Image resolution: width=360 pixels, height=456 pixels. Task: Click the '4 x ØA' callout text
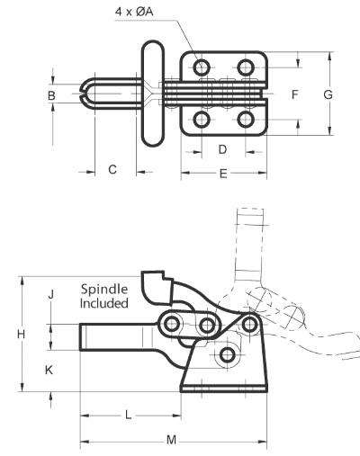point(134,12)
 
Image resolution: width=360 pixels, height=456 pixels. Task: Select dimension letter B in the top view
point(51,95)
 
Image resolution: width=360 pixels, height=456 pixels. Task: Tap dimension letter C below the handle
point(112,170)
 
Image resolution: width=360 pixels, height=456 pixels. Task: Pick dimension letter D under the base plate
point(222,149)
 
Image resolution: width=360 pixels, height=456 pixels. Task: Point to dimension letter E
point(223,174)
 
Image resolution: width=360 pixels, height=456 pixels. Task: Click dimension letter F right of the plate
point(295,94)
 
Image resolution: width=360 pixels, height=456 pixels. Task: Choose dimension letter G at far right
point(328,94)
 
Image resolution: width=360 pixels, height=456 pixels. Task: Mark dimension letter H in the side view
point(21,334)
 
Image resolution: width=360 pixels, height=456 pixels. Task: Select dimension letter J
point(51,294)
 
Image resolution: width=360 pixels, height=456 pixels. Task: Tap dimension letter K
point(49,370)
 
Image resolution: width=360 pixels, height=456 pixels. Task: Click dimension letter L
point(128,416)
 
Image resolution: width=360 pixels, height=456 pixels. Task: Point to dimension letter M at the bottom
point(171,441)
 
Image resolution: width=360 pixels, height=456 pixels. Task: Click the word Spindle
point(104,290)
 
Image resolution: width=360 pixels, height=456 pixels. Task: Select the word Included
point(104,303)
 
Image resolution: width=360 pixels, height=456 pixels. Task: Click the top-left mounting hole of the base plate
point(202,67)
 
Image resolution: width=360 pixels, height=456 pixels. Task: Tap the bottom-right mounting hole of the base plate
point(246,120)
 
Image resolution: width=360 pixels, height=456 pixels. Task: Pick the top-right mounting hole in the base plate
point(246,67)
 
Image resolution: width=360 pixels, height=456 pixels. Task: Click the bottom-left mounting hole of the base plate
point(202,120)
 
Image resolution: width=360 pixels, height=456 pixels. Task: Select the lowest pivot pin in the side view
point(227,355)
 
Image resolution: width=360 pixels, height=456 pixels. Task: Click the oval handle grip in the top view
point(153,94)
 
